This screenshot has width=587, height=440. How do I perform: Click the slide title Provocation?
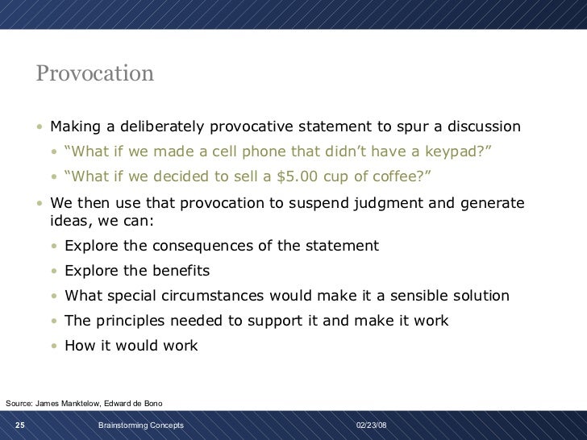[x=94, y=74]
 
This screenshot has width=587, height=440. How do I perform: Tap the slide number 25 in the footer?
[x=19, y=425]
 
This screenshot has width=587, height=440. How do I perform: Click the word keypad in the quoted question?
[x=456, y=152]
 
